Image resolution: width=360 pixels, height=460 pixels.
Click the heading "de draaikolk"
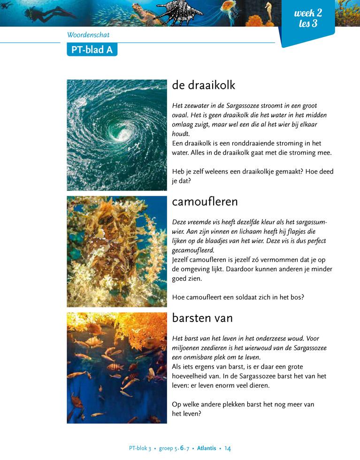point(203,85)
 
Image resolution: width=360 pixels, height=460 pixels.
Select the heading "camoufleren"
point(205,202)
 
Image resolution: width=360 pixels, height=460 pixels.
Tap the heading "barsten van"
point(202,318)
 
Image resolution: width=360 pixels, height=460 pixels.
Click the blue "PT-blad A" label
point(92,49)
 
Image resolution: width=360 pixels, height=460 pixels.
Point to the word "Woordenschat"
point(88,35)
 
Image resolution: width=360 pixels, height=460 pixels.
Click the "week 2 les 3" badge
point(307,18)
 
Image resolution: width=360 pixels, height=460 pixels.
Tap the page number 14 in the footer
point(228,448)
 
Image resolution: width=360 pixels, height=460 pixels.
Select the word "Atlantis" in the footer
point(207,448)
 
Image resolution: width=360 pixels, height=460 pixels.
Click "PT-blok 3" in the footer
point(140,448)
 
